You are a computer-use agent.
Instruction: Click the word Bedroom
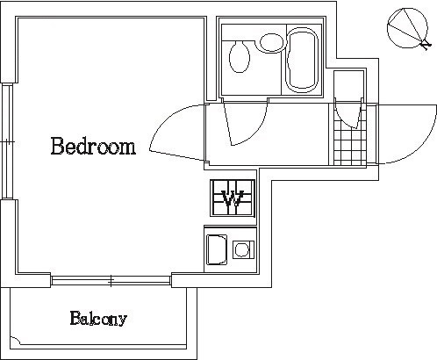point(93,146)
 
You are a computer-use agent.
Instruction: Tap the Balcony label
point(98,319)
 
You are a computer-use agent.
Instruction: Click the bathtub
point(302,60)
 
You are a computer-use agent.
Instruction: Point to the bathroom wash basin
point(272,43)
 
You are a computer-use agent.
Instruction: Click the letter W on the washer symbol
point(233,198)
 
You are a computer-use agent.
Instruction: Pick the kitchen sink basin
point(217,249)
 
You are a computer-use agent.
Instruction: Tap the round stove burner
point(242,249)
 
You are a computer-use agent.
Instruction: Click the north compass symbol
point(408,28)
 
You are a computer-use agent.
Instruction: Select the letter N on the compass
point(426,46)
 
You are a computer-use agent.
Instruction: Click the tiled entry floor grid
point(350,143)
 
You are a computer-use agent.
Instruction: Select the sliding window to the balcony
point(111,281)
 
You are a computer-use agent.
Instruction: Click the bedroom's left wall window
point(7,142)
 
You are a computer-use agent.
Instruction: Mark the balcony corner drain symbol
point(15,342)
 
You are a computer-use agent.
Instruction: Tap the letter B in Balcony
point(75,318)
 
